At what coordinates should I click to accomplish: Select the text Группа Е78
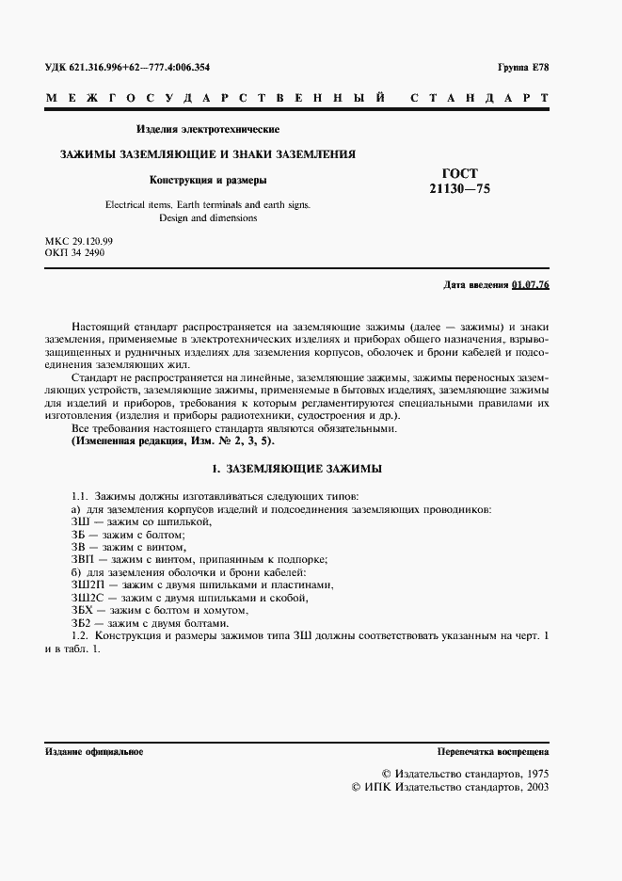coord(523,69)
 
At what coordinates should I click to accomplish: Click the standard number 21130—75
coord(459,188)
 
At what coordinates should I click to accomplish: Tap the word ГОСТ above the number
coord(459,173)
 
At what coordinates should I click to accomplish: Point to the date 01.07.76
coord(531,283)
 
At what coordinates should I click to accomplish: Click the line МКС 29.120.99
coord(78,242)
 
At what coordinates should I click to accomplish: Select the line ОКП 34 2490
coord(74,253)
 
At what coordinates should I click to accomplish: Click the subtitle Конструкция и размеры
coord(209,180)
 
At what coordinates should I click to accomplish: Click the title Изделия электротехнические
coord(208,129)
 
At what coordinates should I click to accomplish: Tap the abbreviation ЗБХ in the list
coord(85,610)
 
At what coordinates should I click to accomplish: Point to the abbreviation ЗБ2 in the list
coord(83,623)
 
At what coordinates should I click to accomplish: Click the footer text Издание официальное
coord(94,751)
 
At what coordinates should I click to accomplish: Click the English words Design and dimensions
coord(209,218)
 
